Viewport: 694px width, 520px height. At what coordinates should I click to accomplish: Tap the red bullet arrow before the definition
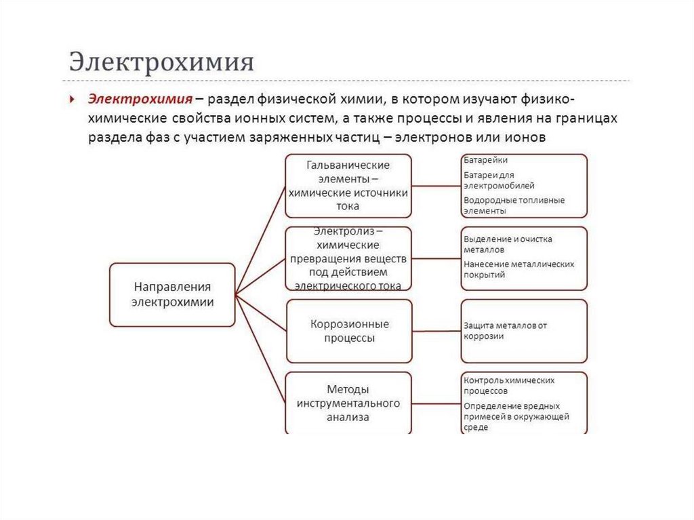click(73, 99)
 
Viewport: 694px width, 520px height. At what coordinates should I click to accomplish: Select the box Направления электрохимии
click(172, 295)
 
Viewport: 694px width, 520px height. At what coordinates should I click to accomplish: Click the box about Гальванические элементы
click(348, 185)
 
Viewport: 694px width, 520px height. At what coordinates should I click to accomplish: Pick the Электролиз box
click(348, 258)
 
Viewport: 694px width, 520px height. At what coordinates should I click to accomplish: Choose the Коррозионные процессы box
click(348, 331)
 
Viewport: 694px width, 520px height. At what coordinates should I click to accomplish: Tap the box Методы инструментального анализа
click(348, 403)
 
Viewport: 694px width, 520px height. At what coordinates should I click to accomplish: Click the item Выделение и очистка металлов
click(508, 244)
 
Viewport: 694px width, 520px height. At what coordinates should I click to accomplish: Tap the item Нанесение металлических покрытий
click(518, 269)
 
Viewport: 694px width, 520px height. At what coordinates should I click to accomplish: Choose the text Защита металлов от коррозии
click(505, 331)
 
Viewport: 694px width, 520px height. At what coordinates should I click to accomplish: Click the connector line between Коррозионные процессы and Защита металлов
click(436, 332)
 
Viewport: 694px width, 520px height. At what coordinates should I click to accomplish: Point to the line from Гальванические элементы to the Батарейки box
click(436, 184)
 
